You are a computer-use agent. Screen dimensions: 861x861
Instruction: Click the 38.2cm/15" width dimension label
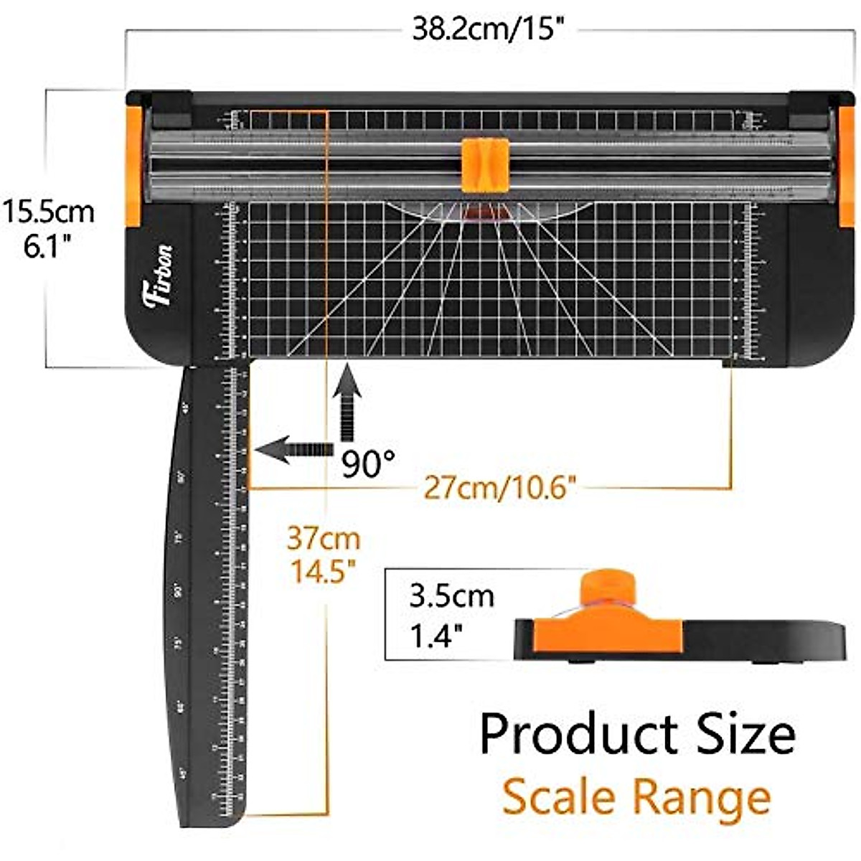pyautogui.click(x=484, y=30)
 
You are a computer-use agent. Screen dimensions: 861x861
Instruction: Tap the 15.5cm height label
pyautogui.click(x=48, y=212)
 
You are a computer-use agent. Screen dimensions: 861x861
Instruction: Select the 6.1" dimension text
pyautogui.click(x=48, y=248)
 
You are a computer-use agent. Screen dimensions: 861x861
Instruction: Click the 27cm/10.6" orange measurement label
pyautogui.click(x=500, y=488)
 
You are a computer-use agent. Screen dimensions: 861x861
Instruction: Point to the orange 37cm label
pyautogui.click(x=324, y=538)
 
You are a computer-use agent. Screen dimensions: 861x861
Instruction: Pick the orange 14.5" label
pyautogui.click(x=324, y=572)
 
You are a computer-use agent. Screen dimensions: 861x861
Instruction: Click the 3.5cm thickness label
pyautogui.click(x=451, y=596)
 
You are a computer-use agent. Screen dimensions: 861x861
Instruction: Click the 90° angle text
pyautogui.click(x=368, y=464)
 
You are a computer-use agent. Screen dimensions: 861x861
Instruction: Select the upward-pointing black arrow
pyautogui.click(x=348, y=402)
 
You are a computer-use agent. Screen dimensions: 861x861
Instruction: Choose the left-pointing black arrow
pyautogui.click(x=294, y=450)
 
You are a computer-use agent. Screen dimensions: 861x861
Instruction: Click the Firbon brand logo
pyautogui.click(x=159, y=276)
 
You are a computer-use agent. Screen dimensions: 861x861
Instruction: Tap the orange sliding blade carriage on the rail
pyautogui.click(x=485, y=165)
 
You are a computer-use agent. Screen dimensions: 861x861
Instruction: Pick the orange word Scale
pyautogui.click(x=559, y=797)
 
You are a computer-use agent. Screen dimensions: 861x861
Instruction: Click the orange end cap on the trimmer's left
pyautogui.click(x=133, y=166)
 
